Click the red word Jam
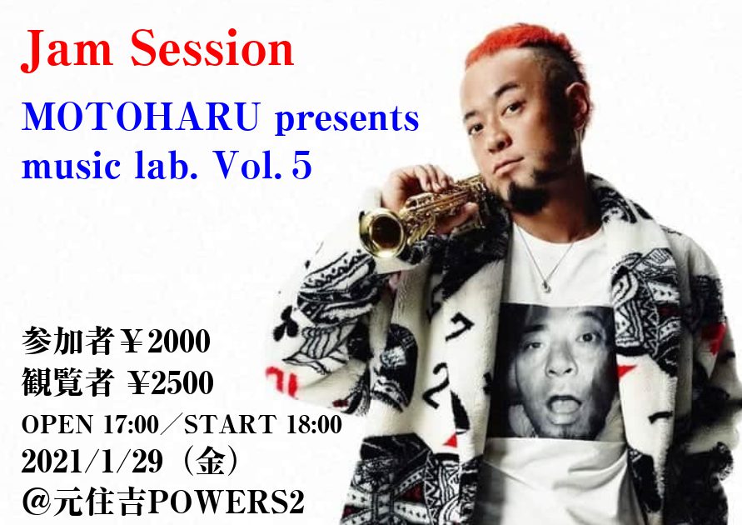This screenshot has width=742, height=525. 67,49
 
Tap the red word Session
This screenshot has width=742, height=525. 212,48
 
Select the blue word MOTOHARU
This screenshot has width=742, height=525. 141,117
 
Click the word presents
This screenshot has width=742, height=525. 347,120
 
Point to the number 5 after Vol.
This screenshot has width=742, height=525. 302,166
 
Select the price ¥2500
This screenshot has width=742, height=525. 171,382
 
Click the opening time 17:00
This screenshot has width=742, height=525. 131,424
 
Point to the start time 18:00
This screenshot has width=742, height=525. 314,424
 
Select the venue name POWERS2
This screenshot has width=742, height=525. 227,502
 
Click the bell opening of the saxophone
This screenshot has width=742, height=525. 381,232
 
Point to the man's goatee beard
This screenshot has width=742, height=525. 528,197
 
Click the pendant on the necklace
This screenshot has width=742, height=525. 546,286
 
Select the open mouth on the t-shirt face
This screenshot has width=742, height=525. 564,405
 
